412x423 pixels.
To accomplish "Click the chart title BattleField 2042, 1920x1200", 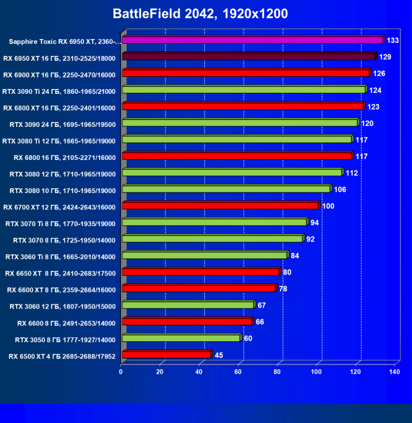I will tap(200, 13).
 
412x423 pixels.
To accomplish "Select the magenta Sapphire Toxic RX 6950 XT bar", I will tap(253, 40).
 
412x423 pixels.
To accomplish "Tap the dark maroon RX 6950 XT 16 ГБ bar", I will tap(249, 56).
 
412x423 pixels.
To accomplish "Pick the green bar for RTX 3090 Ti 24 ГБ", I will tap(244, 89).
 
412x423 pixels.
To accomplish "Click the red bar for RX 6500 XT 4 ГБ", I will tap(166, 355).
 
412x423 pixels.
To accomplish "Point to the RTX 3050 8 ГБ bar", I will tap(181, 338).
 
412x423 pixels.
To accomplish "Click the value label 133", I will tap(393, 40).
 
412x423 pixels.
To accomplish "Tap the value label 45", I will tap(220, 355).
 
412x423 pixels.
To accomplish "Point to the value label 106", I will tap(340, 189).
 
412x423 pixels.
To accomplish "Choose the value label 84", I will tap(295, 255).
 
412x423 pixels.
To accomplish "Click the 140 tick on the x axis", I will tap(395, 372).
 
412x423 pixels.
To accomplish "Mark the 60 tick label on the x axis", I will tap(238, 372).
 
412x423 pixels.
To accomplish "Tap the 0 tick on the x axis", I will tap(121, 372).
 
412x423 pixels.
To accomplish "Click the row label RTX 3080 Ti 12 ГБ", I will tap(59, 140).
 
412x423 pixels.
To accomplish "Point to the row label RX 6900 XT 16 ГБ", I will tap(59, 74).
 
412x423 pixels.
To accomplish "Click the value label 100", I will tap(328, 206).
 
